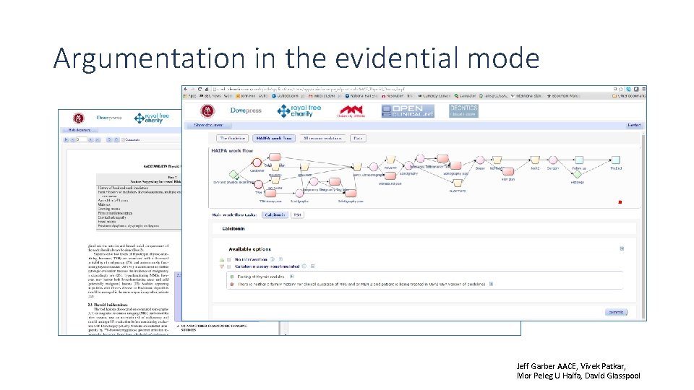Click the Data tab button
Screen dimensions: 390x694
coord(358,138)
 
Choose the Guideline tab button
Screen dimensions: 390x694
coord(233,138)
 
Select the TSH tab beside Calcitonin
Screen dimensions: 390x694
coord(298,214)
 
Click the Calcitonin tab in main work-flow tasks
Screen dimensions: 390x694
coord(274,214)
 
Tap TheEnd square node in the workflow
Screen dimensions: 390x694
coord(615,160)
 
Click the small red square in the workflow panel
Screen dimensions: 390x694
coord(619,202)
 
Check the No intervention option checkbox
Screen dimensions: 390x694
coord(229,259)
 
